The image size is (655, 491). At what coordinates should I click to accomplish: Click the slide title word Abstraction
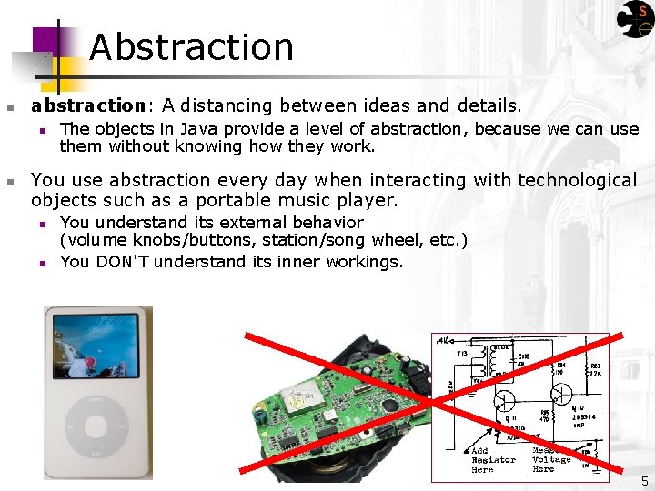191,47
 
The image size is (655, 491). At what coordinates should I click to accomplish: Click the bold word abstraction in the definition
87,106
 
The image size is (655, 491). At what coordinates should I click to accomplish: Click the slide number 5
644,480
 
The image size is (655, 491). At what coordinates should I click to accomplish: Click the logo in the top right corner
636,18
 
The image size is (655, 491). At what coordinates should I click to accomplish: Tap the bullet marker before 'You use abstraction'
10,181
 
